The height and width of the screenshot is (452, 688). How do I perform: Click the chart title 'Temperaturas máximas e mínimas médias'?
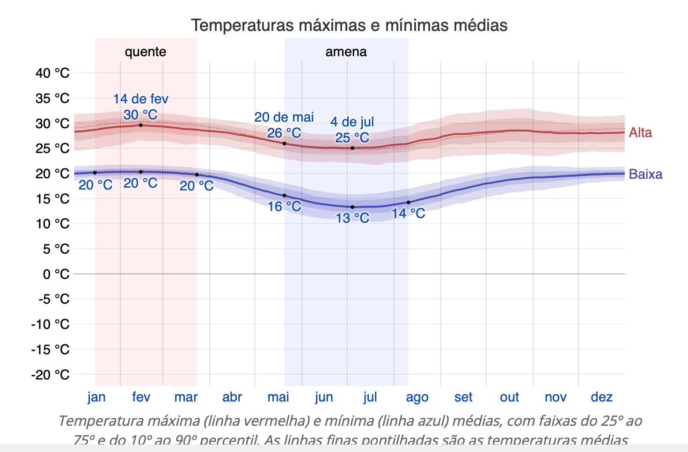click(x=349, y=25)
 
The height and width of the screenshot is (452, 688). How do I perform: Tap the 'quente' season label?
click(x=145, y=51)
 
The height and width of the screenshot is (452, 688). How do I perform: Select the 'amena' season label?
click(x=346, y=51)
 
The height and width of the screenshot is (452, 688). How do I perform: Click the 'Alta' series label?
click(x=640, y=132)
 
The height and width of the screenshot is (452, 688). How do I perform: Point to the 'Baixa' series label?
click(x=645, y=174)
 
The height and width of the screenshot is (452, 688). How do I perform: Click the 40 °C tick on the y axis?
click(x=52, y=73)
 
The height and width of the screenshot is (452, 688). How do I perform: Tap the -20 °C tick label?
click(x=51, y=375)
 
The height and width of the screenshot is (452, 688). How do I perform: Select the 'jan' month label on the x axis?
click(x=96, y=397)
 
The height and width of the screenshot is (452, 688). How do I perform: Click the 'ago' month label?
click(x=417, y=397)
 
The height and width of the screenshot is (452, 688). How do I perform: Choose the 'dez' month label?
click(x=601, y=397)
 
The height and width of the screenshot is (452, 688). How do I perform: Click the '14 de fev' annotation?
click(x=140, y=99)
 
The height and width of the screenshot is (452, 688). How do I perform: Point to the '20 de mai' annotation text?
click(x=284, y=117)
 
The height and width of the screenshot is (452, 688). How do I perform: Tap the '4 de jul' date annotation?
click(x=352, y=122)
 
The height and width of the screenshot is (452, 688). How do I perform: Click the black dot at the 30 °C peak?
click(x=141, y=125)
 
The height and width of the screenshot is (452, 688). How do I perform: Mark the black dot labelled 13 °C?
click(x=352, y=207)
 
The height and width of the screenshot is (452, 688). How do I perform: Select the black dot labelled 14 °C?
click(x=409, y=203)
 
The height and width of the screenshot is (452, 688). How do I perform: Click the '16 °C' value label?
click(x=284, y=206)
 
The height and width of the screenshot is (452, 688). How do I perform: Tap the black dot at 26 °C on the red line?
click(x=285, y=143)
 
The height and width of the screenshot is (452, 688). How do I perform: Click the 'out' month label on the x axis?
click(x=509, y=397)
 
